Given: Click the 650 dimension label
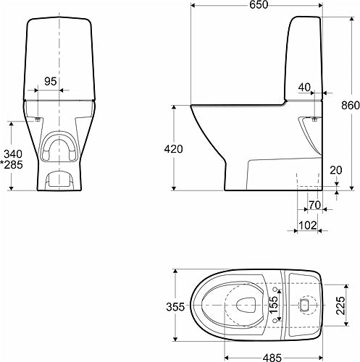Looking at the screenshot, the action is [259, 4].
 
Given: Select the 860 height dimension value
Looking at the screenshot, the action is [351, 106].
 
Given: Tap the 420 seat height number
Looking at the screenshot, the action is [173, 149].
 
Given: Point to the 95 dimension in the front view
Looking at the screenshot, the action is [51, 81].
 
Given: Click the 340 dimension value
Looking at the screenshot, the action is [13, 154].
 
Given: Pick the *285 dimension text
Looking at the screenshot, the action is [12, 164].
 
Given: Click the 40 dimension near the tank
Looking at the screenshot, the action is [304, 88].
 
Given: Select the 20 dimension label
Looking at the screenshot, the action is [336, 170].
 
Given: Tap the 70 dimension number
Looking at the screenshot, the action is [314, 205].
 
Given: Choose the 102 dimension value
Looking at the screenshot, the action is [308, 225].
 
